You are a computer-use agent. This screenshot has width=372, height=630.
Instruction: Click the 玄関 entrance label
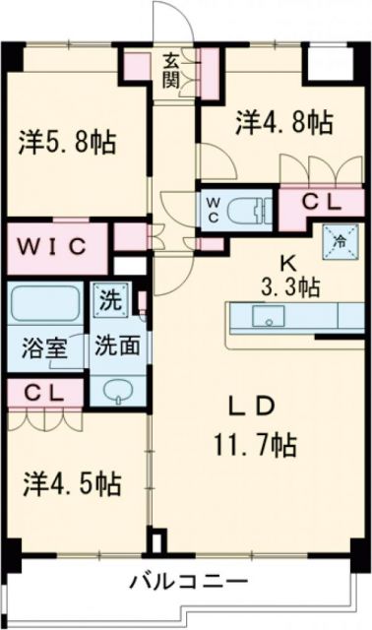171,71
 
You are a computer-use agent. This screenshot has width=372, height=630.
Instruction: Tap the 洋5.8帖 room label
66,143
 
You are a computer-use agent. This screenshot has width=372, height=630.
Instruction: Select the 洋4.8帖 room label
282,122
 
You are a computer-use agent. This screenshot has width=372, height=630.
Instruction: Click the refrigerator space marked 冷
338,239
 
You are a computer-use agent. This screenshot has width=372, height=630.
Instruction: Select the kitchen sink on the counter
266,317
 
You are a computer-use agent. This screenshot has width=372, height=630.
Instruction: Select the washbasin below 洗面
116,387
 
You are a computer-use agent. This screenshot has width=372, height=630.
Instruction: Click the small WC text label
213,210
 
